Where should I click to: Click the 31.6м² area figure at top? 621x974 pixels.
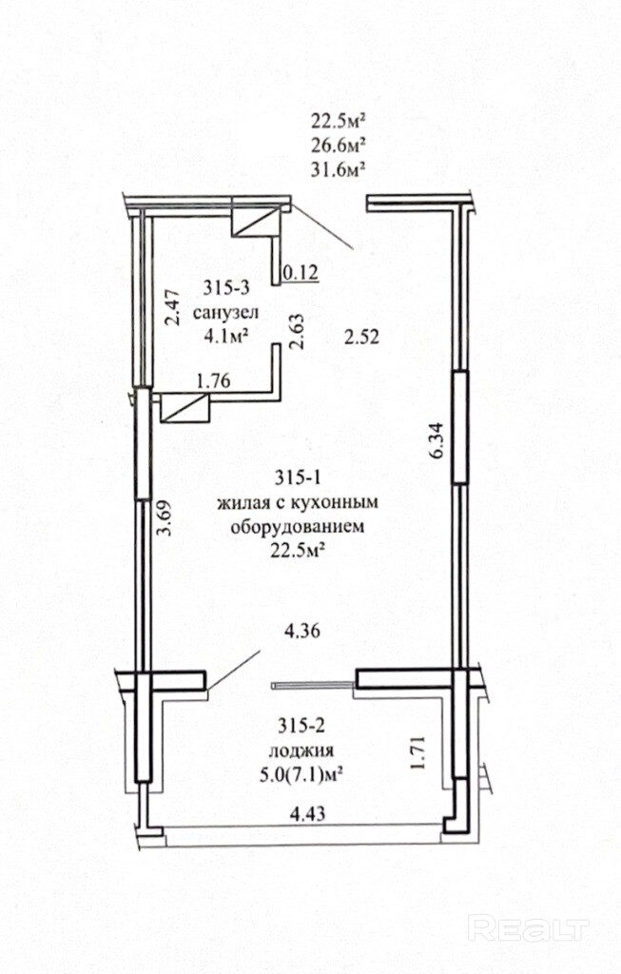pos(339,168)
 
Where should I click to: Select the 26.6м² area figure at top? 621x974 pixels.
pos(339,145)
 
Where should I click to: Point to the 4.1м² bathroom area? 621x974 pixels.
pos(226,336)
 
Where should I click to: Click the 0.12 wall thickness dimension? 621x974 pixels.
pos(301,272)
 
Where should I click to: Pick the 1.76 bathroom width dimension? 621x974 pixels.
pos(213,380)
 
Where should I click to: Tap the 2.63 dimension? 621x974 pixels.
pos(298,332)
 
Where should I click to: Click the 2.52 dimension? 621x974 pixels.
pos(362,337)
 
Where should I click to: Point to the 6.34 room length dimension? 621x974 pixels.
pos(437,440)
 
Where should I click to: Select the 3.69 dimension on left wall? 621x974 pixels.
pos(164,517)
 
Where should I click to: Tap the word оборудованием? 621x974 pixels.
pos(297,527)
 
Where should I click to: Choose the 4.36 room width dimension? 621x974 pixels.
pos(301,632)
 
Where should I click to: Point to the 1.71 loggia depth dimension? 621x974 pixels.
pos(417,753)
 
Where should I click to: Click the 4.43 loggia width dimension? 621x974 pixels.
pos(308,813)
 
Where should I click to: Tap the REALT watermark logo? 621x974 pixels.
pos(528,928)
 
